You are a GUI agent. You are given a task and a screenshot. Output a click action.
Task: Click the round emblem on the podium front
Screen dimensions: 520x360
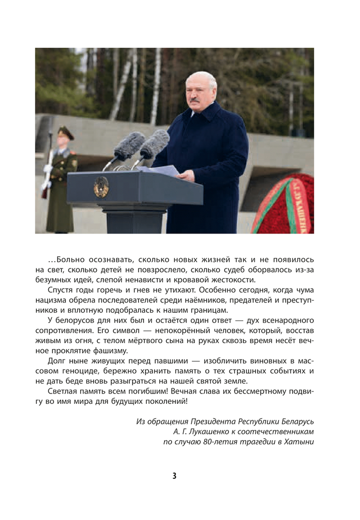101,187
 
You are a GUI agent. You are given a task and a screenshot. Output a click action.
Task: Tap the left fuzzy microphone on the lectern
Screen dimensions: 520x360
129,146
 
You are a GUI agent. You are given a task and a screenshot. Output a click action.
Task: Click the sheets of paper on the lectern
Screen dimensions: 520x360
160,170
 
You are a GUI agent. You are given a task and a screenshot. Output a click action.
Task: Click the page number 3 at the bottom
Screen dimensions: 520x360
174,476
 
